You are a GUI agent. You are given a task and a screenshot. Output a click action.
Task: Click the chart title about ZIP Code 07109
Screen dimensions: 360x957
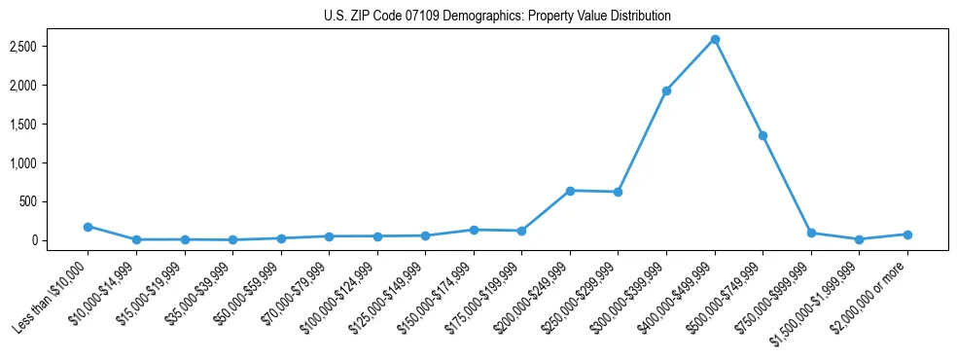tap(497, 17)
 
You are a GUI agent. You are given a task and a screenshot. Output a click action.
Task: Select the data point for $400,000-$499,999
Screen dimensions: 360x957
tap(715, 39)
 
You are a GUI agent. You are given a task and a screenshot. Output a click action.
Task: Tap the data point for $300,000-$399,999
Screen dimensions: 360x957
tap(666, 90)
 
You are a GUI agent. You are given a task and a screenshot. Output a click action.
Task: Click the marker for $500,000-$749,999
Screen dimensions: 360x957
tap(762, 135)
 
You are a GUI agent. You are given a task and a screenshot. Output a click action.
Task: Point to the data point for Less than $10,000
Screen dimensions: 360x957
tap(88, 227)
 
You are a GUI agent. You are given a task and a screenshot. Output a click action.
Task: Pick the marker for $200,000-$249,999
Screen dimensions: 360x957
tap(570, 191)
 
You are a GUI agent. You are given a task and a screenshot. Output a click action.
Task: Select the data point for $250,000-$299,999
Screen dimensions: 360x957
tap(618, 192)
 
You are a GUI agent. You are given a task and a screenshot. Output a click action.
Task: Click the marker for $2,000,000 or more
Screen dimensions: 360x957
tap(907, 234)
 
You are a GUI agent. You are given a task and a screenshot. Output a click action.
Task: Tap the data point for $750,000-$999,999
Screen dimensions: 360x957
tap(811, 234)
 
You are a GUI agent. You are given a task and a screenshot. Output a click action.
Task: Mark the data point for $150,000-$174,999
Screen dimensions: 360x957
tap(474, 230)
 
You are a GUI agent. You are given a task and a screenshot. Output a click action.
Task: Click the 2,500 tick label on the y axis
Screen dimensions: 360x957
tap(51, 47)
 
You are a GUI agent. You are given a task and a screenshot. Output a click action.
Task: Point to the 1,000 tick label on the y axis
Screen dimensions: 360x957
tap(51, 162)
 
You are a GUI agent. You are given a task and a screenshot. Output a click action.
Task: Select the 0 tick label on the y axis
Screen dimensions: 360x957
tap(60, 240)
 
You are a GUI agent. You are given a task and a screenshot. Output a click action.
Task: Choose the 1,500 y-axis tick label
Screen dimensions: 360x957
tap(51, 125)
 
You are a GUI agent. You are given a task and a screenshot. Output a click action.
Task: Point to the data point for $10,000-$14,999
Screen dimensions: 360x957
tap(136, 239)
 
